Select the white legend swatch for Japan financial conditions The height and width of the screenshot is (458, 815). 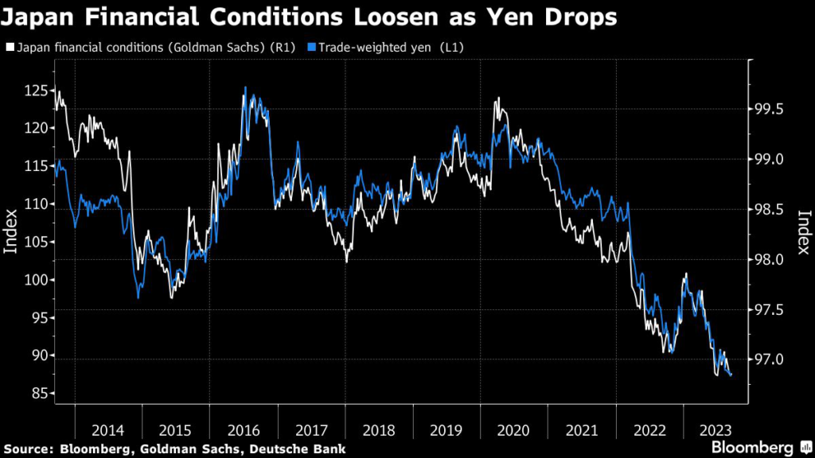(x=10, y=49)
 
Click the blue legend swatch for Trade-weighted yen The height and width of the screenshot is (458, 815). (x=312, y=49)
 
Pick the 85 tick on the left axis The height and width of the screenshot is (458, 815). (x=37, y=394)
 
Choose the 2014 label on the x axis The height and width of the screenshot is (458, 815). (x=107, y=430)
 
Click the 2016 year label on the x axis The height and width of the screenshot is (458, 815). (x=243, y=430)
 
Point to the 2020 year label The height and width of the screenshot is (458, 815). (x=513, y=430)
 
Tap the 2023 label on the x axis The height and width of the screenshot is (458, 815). (x=716, y=430)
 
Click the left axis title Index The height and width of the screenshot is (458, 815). (x=11, y=231)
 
